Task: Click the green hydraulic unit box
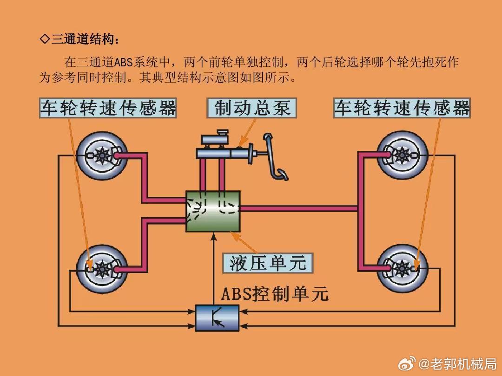213,211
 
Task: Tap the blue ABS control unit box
218,318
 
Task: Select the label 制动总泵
251,108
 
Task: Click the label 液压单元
268,263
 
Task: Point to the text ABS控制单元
275,293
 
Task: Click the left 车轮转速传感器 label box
108,108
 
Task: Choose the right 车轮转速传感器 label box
402,108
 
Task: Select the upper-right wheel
402,156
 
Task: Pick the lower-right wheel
402,269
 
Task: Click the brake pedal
275,157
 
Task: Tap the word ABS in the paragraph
123,62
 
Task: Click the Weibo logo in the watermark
407,364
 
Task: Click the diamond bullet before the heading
45,39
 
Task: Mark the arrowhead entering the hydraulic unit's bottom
214,236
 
